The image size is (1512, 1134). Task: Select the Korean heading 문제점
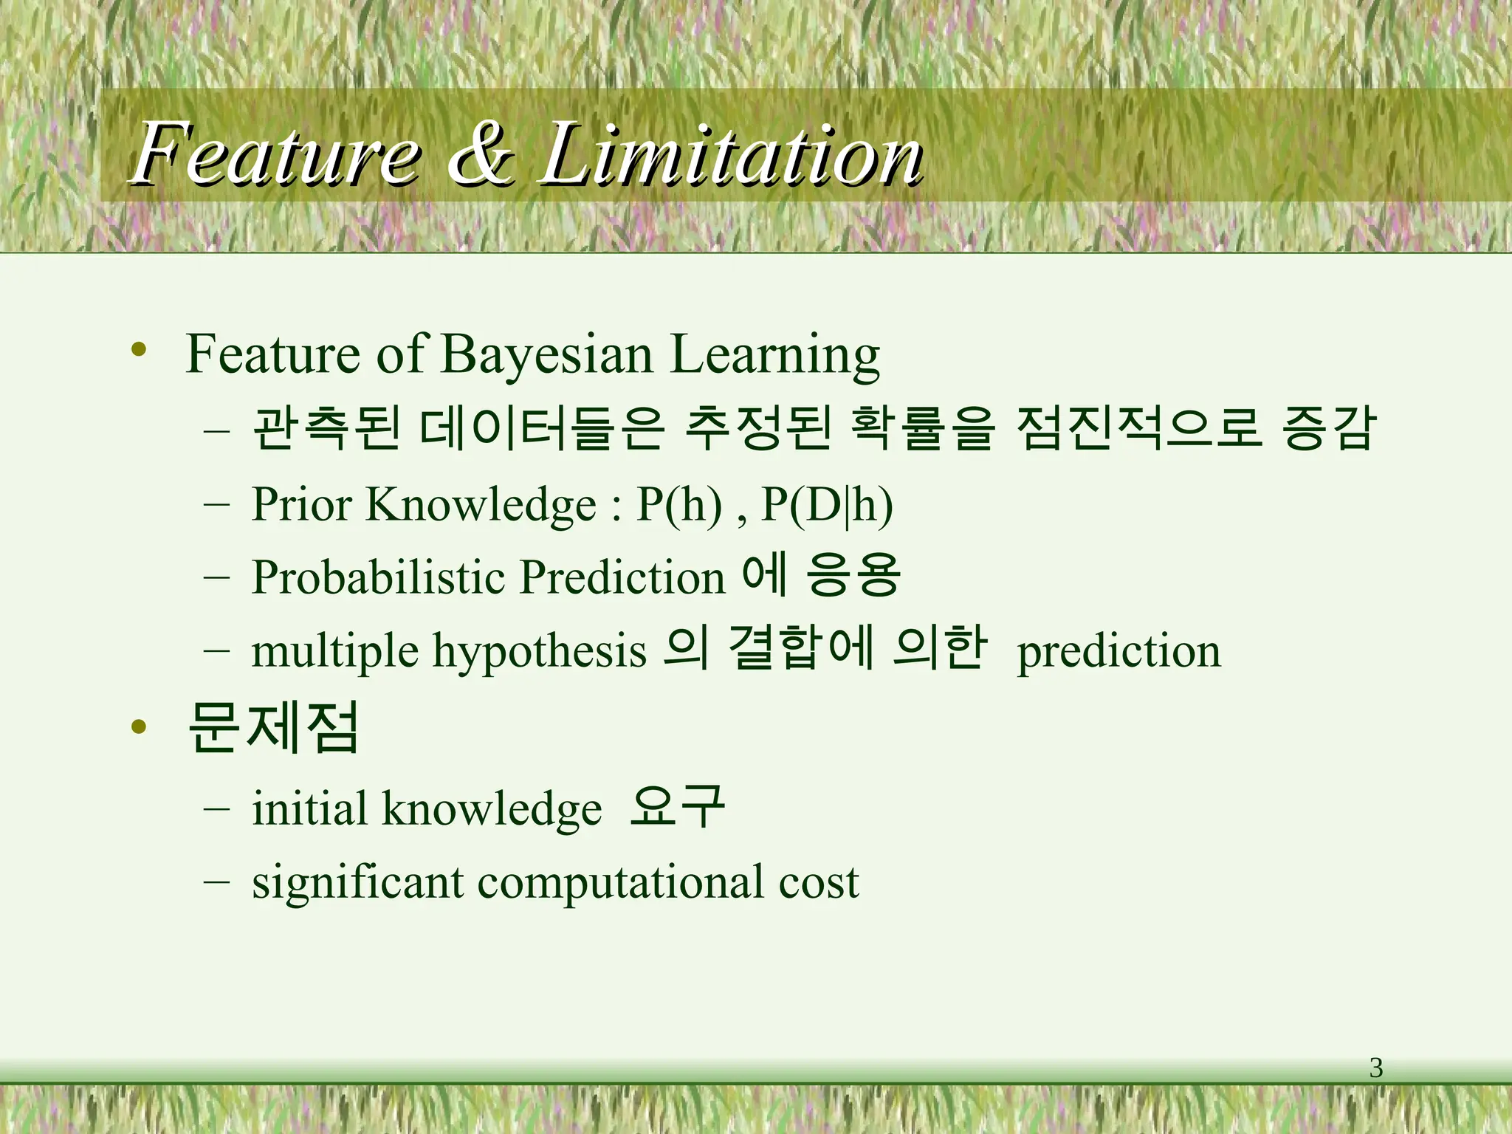coord(273,727)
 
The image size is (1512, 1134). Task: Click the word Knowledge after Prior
coord(481,505)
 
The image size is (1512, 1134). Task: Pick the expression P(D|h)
coord(827,505)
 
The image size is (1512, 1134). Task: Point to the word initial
coord(309,808)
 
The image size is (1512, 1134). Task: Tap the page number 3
coord(1376,1068)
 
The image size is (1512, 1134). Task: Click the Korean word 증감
coord(1329,428)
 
